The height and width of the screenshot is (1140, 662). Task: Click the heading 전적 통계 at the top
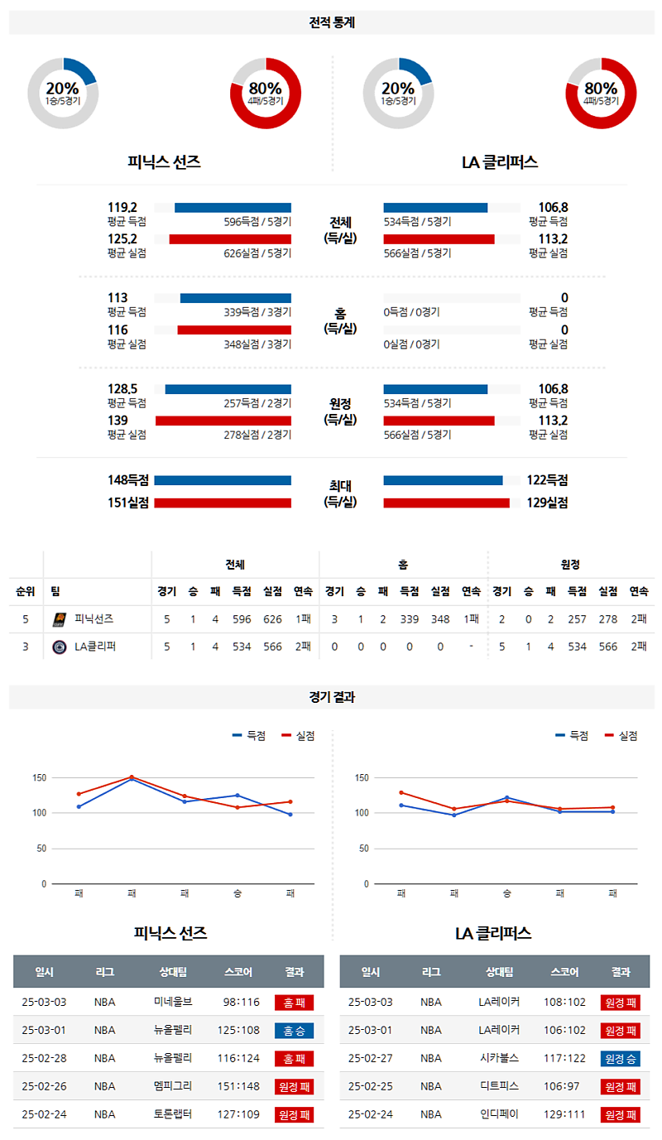coord(331,23)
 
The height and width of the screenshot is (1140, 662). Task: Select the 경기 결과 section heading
coord(331,697)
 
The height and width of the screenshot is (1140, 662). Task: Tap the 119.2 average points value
coord(122,208)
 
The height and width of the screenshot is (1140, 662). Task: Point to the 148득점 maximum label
coord(128,480)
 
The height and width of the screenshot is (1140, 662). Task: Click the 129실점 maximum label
coord(546,503)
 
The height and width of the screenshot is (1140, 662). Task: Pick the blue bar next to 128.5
coord(228,389)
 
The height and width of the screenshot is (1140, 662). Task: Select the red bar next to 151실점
coord(223,503)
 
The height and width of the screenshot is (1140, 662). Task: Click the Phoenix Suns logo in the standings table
coord(59,619)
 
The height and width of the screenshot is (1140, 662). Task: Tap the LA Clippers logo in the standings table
coord(59,647)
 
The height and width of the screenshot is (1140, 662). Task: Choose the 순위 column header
coord(25,591)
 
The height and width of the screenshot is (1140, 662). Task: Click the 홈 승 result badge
coord(294,1031)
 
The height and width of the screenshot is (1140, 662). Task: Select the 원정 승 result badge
coord(620,1059)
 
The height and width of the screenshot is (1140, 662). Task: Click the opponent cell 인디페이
coord(499,1115)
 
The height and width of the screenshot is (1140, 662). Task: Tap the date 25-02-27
coord(371,1059)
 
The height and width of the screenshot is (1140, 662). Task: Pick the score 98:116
coord(241,1003)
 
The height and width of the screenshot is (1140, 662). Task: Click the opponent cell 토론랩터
coord(173,1115)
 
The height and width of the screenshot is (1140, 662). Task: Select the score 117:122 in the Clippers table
coord(564,1059)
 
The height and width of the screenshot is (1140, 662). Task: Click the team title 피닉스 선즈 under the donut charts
coord(164,162)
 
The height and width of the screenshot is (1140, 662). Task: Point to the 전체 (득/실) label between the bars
coord(340,230)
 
